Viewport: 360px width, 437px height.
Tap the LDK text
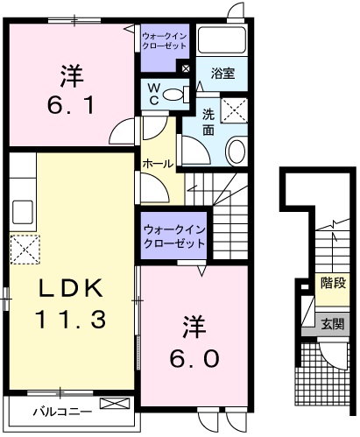click(70, 288)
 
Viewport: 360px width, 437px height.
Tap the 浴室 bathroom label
click(222, 75)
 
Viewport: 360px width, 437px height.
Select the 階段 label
click(332, 283)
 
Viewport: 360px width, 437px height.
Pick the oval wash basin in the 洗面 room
click(237, 152)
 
